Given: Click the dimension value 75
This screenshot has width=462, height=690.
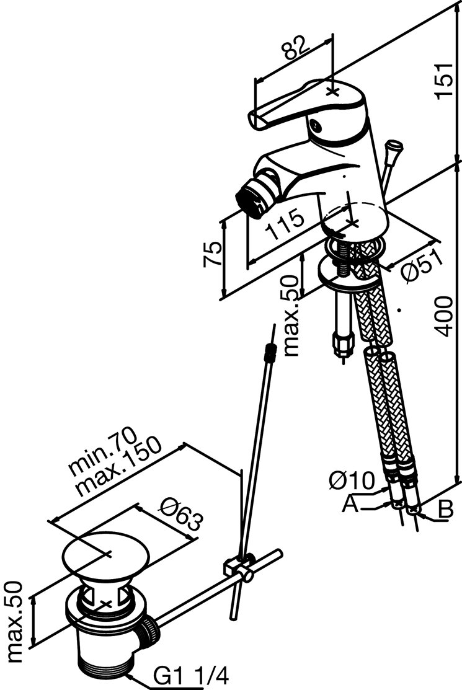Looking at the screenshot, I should [x=212, y=254].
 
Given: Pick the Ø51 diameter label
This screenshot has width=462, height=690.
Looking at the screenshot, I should [x=421, y=267].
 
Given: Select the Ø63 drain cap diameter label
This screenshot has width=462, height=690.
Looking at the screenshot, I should [x=180, y=515].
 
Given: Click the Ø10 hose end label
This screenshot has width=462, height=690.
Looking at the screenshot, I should [x=352, y=480].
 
